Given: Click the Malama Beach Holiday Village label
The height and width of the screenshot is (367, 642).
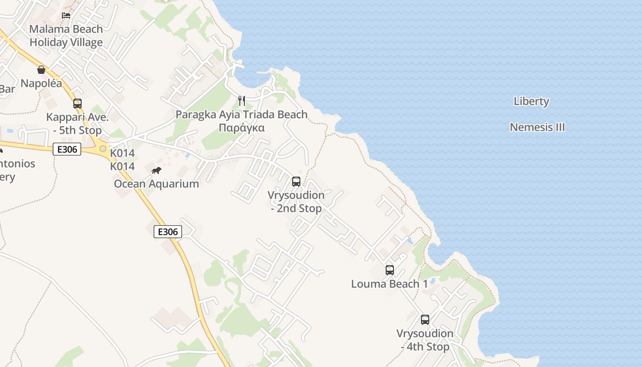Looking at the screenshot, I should (66, 36).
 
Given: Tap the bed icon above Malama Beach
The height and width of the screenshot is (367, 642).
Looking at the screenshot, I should (66, 15).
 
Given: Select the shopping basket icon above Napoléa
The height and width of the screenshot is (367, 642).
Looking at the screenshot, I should (41, 70).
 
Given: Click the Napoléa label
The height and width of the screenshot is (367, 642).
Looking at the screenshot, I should (41, 83).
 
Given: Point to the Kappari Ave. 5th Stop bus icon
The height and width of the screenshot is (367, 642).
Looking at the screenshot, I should (77, 103).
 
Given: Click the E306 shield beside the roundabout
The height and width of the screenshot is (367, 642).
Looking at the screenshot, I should (67, 149).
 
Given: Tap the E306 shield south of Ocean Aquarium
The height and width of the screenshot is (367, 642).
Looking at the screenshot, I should (167, 232).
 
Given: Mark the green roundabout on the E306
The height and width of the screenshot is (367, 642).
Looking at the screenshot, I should (103, 149).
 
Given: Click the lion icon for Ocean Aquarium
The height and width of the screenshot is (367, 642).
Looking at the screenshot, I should (156, 171).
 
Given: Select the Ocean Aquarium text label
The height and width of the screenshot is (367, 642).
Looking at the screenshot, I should (156, 184).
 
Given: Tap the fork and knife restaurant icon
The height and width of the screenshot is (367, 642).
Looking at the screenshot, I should (242, 100).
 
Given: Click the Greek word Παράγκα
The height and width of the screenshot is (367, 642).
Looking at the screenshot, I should (242, 128).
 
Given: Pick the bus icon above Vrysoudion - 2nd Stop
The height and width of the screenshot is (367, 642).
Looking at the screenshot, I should (296, 181).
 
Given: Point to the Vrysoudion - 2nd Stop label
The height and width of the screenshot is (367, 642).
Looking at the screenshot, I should (296, 202).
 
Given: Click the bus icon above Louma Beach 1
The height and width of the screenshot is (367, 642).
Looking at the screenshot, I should (390, 270).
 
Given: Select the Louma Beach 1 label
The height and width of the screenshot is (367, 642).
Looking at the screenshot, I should (389, 284).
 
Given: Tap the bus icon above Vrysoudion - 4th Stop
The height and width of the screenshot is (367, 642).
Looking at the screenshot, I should (425, 319).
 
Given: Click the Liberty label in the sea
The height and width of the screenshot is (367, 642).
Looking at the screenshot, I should (531, 101).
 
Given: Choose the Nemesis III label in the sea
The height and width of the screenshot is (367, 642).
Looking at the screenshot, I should (537, 127).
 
